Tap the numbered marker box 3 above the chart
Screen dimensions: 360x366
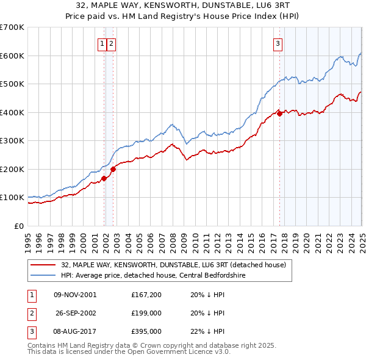pyautogui.click(x=278, y=43)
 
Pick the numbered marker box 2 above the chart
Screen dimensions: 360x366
pyautogui.click(x=112, y=43)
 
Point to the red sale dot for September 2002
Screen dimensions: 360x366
pyautogui.click(x=113, y=170)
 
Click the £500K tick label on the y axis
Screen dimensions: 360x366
pyautogui.click(x=12, y=84)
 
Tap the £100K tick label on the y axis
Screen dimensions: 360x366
pyautogui.click(x=12, y=198)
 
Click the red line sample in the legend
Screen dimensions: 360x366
pyautogui.click(x=43, y=265)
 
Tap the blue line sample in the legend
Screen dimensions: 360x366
pyautogui.click(x=43, y=275)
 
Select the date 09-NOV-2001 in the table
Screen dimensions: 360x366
pyautogui.click(x=75, y=295)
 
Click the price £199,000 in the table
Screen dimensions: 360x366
pyautogui.click(x=146, y=313)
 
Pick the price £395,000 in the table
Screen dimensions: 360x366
pyautogui.click(x=146, y=331)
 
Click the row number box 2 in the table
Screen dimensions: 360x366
pyautogui.click(x=30, y=313)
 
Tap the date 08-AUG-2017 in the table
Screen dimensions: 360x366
pyautogui.click(x=75, y=331)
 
